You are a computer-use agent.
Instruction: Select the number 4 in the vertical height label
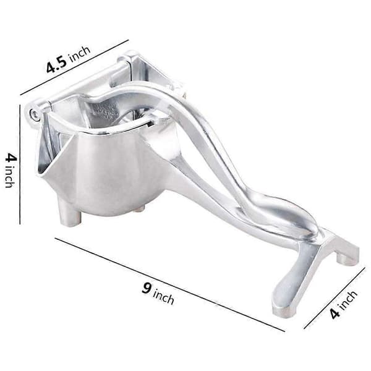(11, 158)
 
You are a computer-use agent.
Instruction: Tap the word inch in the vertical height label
(10, 176)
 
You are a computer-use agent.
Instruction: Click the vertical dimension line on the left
(20, 164)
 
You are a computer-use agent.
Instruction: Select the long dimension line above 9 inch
(169, 284)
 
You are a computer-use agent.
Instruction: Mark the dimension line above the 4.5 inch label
(74, 67)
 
